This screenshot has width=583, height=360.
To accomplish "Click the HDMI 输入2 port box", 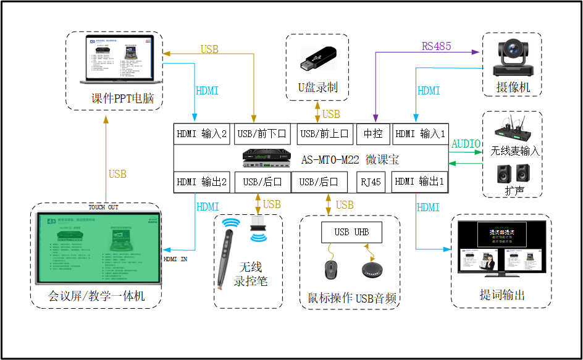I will pyautogui.click(x=203, y=133).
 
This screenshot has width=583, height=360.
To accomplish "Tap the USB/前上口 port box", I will pyautogui.click(x=324, y=133).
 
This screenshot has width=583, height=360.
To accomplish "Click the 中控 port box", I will pyautogui.click(x=373, y=133).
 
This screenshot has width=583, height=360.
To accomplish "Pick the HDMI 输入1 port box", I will pyautogui.click(x=420, y=133).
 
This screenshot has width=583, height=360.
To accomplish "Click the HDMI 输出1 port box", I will pyautogui.click(x=420, y=182).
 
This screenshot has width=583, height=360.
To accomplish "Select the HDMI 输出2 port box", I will pyautogui.click(x=203, y=182).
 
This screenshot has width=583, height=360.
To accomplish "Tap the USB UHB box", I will pyautogui.click(x=351, y=232).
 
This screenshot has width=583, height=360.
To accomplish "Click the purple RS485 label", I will pyautogui.click(x=436, y=46).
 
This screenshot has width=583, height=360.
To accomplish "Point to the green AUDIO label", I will pyautogui.click(x=466, y=144).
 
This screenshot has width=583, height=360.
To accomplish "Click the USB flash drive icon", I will pyautogui.click(x=317, y=59).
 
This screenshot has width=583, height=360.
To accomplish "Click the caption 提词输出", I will pyautogui.click(x=502, y=295).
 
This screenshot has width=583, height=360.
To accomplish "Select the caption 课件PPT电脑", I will pyautogui.click(x=122, y=99).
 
